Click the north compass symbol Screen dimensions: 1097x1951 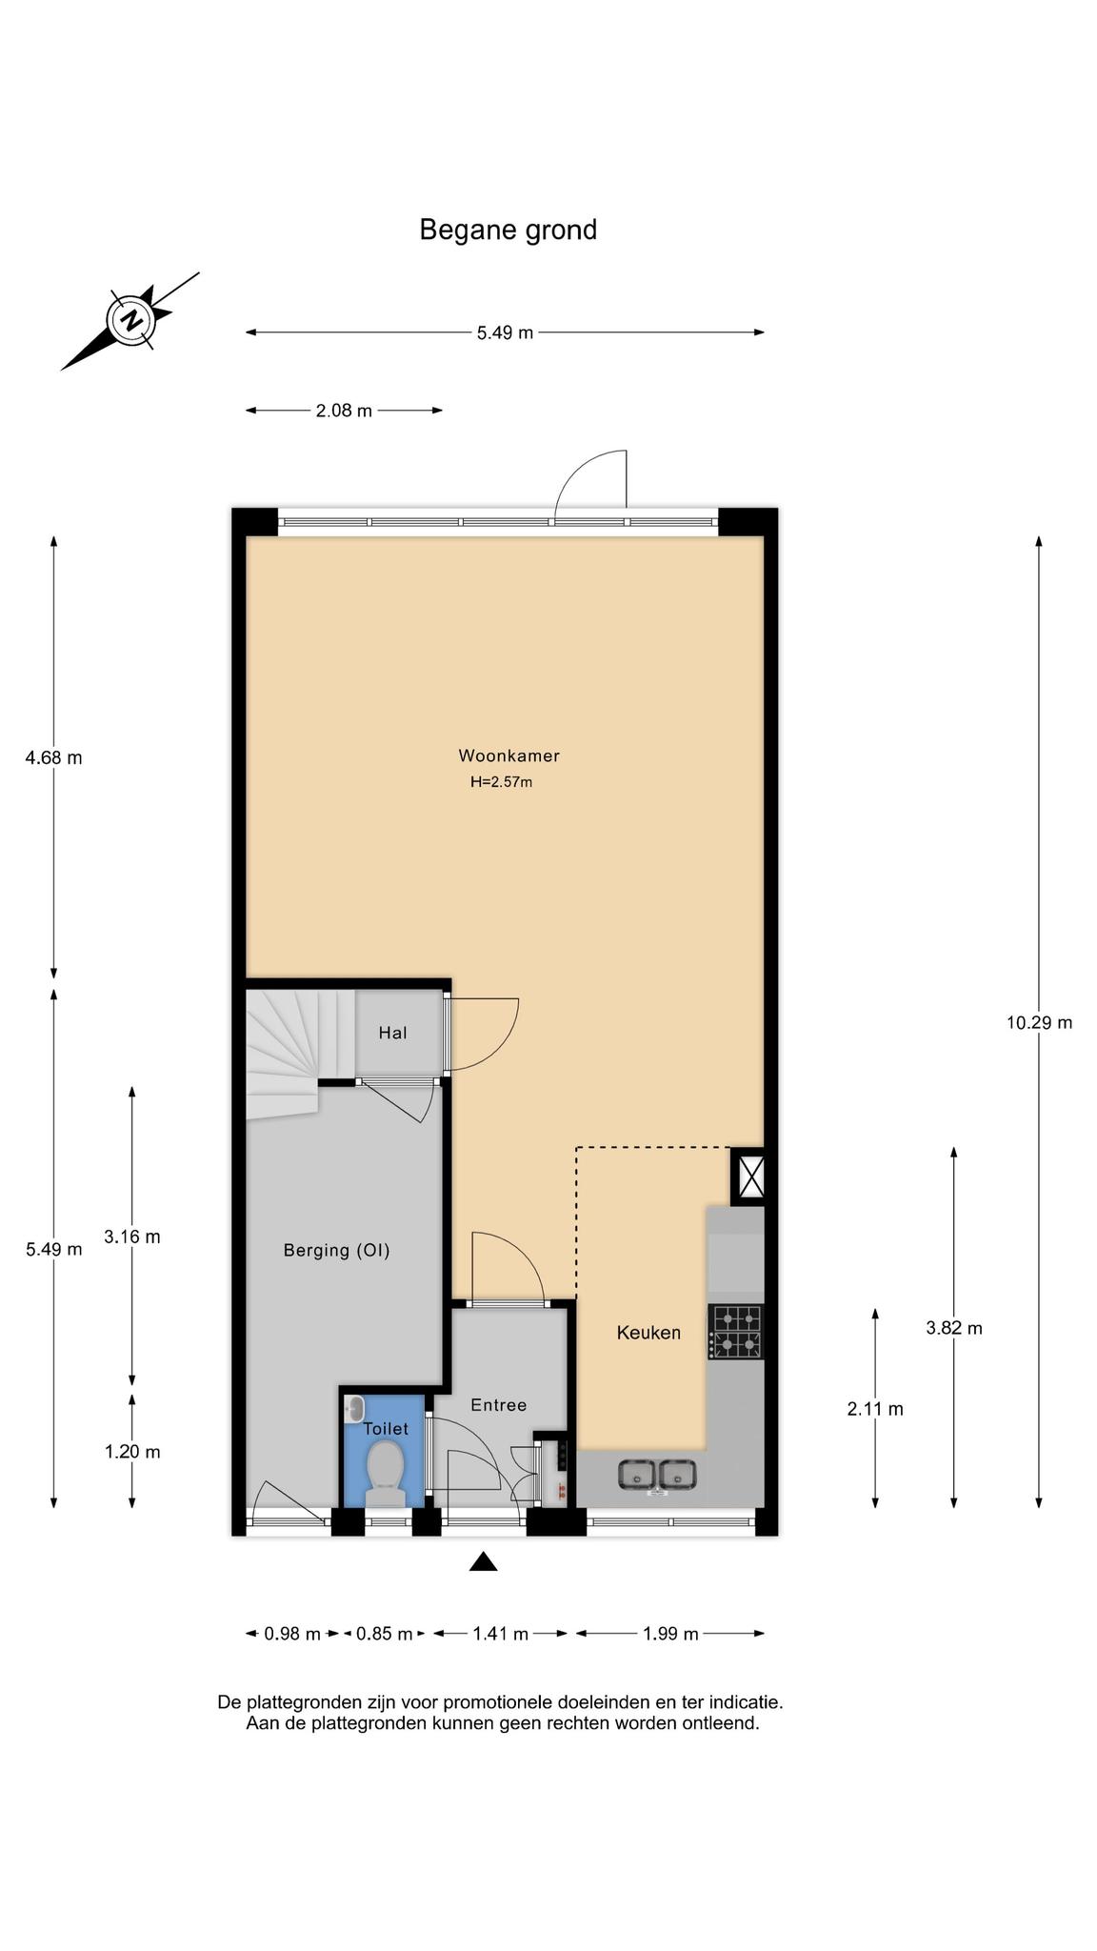[130, 320]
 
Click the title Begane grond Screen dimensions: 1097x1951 [508, 231]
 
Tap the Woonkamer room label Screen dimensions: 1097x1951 [509, 756]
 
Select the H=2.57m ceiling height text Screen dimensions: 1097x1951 [501, 783]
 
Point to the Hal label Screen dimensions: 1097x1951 [392, 1033]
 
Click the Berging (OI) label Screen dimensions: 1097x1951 [337, 1251]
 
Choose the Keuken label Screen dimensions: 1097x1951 [648, 1333]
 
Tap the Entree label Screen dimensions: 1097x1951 [498, 1405]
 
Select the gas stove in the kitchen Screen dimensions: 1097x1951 [736, 1332]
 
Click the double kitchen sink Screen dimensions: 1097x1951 [657, 1475]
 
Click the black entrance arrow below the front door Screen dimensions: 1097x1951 [484, 1561]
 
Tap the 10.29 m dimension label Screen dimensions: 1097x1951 [1039, 1023]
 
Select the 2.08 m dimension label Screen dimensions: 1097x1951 [344, 411]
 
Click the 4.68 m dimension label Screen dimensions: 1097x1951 [53, 758]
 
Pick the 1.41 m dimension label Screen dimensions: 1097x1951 [500, 1634]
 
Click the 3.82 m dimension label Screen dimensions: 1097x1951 [954, 1328]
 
